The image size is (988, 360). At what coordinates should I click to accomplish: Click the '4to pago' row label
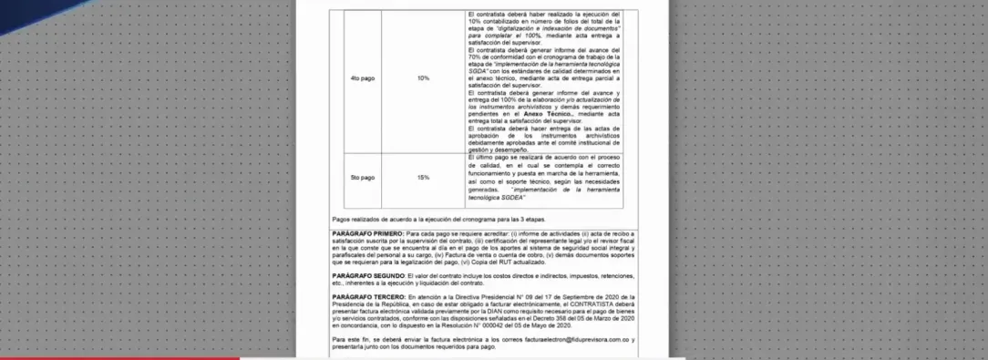[x=363, y=78]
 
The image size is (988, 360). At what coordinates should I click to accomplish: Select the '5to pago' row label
[x=363, y=177]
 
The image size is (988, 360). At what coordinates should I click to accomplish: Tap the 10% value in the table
[x=423, y=78]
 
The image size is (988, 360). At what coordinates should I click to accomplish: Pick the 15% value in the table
[x=423, y=177]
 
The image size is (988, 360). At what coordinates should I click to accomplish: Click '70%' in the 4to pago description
[x=475, y=59]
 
